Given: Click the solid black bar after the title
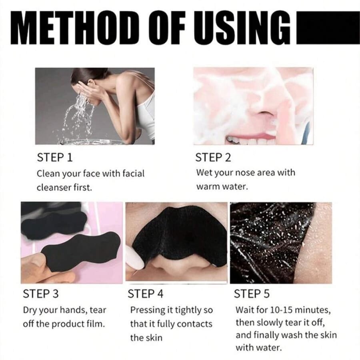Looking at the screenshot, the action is (328, 27).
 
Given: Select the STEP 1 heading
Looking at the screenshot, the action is (55, 158).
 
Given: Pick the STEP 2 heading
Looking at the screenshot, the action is (213, 158).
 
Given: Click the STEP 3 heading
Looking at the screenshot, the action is (41, 294).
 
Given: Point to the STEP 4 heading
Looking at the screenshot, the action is (146, 294).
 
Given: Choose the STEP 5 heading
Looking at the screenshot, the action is (252, 294).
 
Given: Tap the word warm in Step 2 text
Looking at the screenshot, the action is (208, 187).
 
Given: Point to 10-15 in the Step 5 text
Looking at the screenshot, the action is (281, 310).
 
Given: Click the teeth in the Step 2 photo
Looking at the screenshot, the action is (250, 140).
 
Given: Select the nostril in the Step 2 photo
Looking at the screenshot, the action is (264, 113).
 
